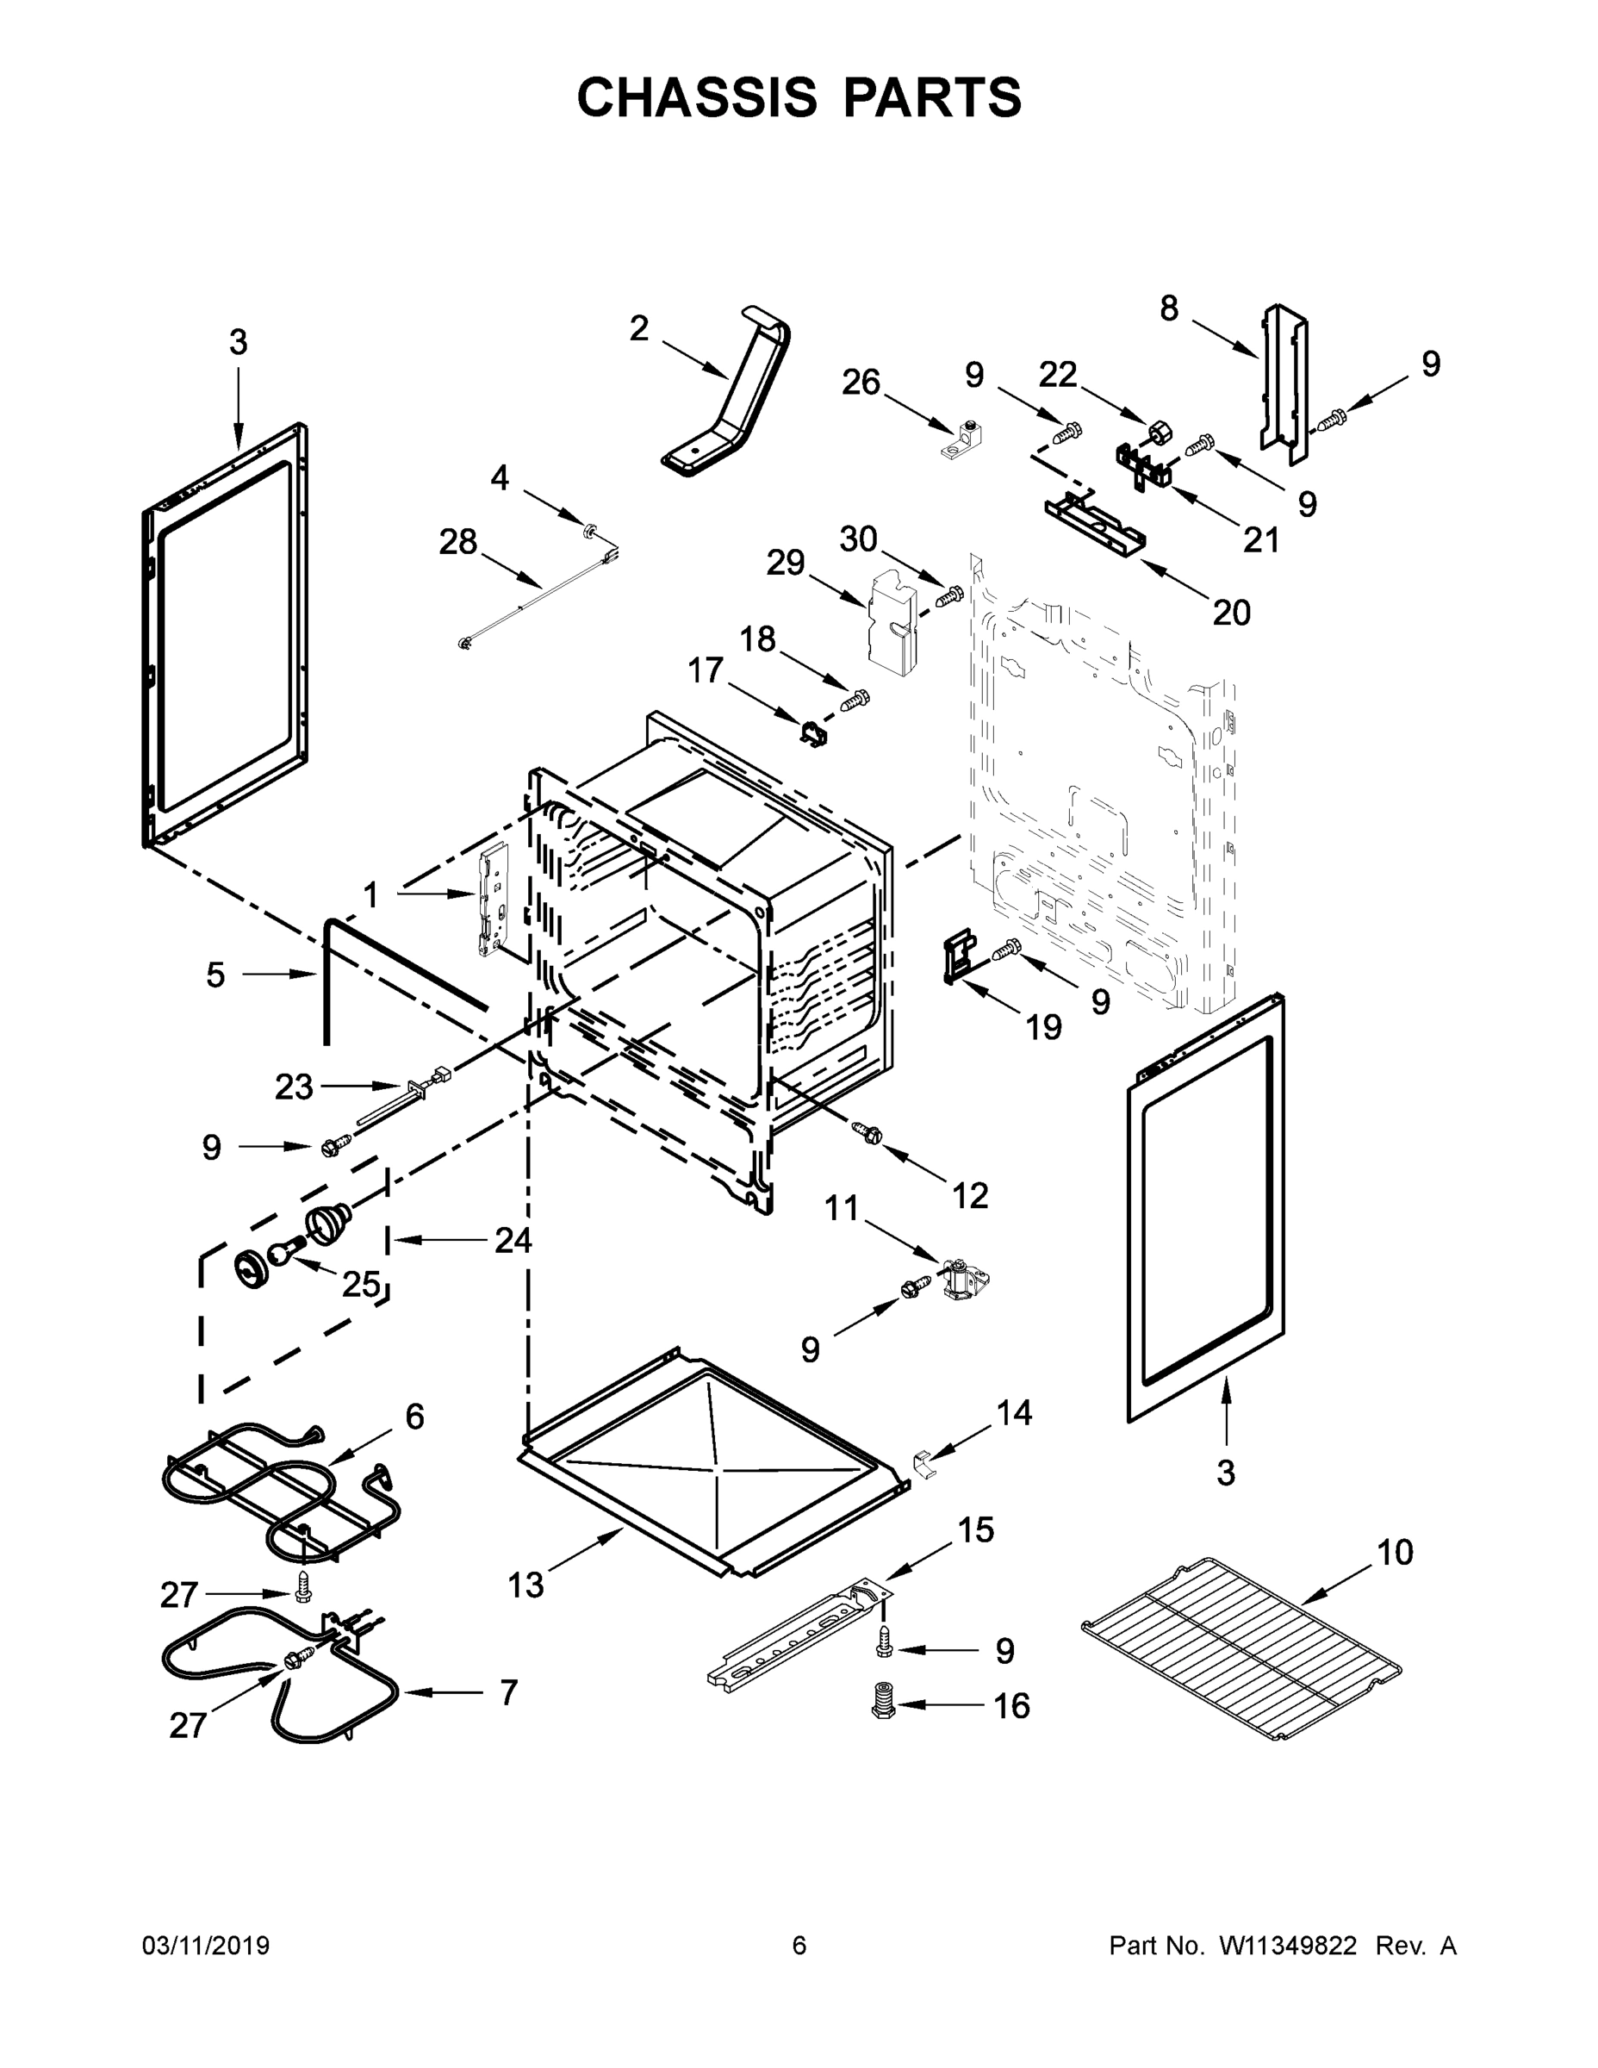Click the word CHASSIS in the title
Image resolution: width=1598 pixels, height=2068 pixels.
(697, 97)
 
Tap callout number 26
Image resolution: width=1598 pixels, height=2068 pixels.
(861, 383)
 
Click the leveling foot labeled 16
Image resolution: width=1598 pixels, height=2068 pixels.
(882, 1704)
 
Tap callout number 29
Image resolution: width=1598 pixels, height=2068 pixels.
(785, 563)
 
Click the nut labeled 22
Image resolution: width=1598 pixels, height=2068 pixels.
(1156, 433)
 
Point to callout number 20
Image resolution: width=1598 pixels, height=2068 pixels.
(1231, 613)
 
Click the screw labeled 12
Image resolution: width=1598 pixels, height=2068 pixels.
(867, 1131)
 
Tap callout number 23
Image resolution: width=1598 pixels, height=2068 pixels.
(294, 1087)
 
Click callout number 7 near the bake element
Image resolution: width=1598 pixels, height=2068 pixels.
(508, 1692)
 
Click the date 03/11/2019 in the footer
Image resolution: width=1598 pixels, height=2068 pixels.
(205, 1946)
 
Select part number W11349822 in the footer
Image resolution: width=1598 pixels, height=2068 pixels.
(1288, 1946)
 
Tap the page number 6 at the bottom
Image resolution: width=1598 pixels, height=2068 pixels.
(799, 1946)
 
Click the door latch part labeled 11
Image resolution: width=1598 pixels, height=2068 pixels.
(963, 1280)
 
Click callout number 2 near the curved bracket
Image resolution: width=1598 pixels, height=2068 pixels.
(639, 328)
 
